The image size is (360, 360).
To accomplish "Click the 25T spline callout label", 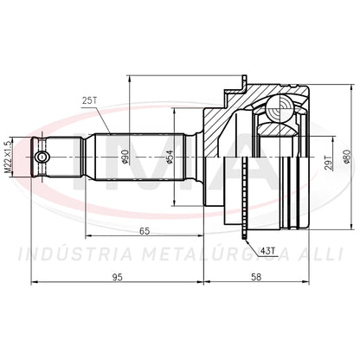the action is pyautogui.click(x=89, y=100).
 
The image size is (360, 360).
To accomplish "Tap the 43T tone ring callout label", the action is pyautogui.click(x=267, y=251).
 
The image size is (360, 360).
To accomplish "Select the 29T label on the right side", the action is pyautogui.click(x=328, y=163).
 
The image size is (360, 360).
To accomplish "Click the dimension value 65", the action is pyautogui.click(x=145, y=231).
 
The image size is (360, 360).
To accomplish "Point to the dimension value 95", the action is pyautogui.click(x=118, y=277).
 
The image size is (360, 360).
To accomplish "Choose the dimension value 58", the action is pyautogui.click(x=256, y=277).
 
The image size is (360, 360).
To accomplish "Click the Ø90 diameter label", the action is pyautogui.click(x=125, y=157).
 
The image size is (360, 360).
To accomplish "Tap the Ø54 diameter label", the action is pyautogui.click(x=170, y=157).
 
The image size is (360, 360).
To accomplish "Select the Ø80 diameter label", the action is pyautogui.click(x=347, y=157).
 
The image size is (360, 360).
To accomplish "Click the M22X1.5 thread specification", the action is pyautogui.click(x=9, y=157).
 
